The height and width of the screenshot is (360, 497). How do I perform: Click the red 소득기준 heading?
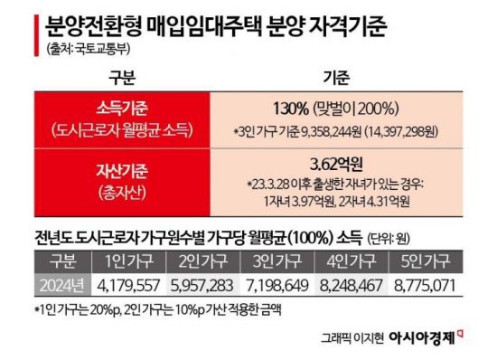(120, 107)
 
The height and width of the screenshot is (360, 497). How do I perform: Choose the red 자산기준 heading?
(120, 168)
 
